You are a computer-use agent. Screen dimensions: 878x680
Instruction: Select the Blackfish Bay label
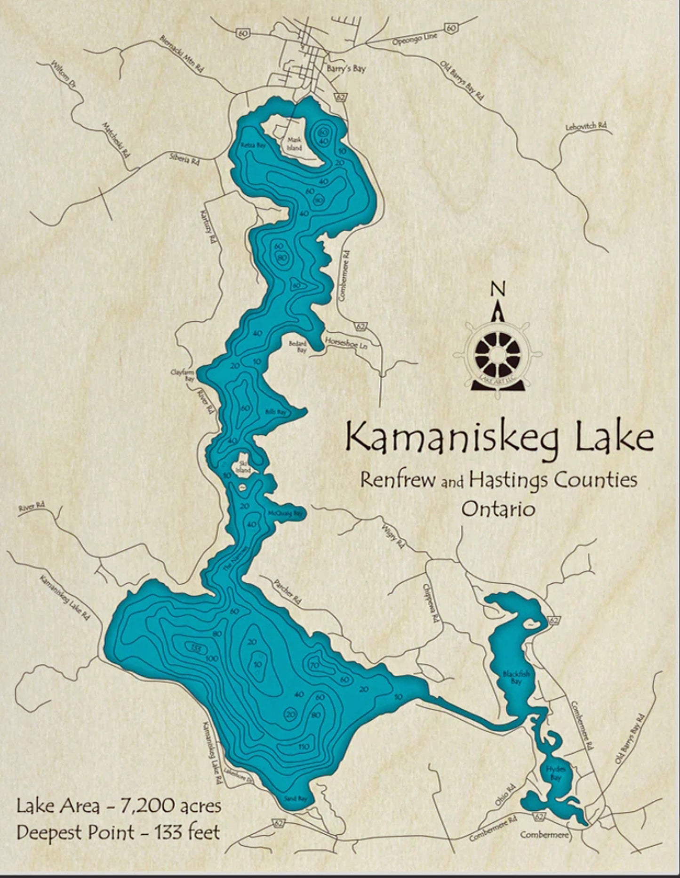click(516, 677)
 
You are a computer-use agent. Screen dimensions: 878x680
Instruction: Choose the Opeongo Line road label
click(415, 39)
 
